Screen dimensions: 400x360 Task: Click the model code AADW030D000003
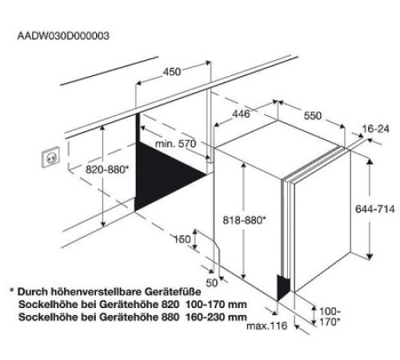coord(63,36)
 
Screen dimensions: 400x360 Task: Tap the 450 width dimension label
coord(172,72)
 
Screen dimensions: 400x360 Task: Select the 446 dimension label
coord(241,114)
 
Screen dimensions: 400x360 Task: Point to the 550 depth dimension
coord(313,116)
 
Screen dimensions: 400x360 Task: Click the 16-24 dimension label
coord(376,129)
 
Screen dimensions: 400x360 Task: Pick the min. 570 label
coord(176,144)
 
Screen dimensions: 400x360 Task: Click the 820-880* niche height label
coord(107,170)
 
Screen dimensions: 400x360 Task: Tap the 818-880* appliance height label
coord(244,220)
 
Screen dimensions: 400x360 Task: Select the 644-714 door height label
coord(375,209)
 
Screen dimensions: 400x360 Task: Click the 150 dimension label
coord(182,239)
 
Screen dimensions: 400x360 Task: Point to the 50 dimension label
coord(212,282)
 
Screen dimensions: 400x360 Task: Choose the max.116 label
coord(267,326)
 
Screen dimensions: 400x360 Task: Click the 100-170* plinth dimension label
coord(330,317)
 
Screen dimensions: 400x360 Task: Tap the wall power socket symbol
coord(50,157)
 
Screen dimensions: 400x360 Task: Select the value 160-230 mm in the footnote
coord(216,317)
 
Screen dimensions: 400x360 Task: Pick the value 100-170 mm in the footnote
coord(216,304)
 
